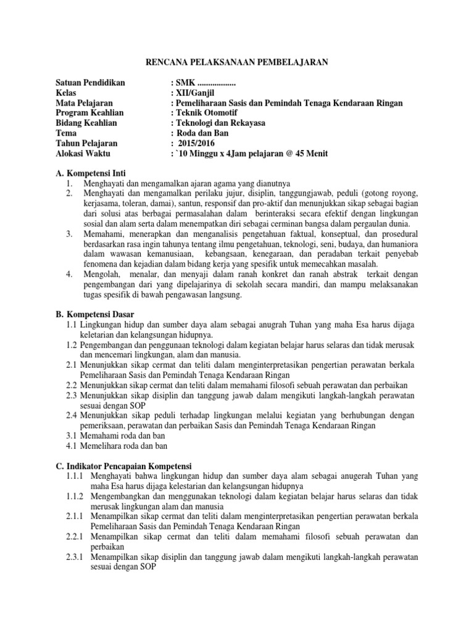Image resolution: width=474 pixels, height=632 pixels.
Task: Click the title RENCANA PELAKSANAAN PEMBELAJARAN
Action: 236,62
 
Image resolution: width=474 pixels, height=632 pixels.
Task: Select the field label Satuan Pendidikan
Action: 90,83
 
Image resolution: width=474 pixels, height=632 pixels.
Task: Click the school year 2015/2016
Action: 197,143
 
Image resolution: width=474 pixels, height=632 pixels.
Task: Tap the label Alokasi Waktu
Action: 82,152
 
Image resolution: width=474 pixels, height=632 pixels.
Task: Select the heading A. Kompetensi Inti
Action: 90,174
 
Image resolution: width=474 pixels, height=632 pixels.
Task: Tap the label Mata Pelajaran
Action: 84,102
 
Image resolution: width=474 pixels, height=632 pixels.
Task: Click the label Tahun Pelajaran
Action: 86,143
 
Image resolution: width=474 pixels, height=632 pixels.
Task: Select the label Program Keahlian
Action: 89,112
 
